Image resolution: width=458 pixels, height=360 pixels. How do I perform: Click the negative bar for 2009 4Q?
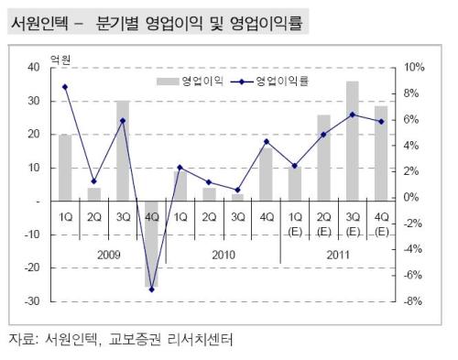[151, 244]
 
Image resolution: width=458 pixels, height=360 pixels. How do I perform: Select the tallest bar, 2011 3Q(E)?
[353, 141]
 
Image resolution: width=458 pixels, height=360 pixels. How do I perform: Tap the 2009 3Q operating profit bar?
[123, 151]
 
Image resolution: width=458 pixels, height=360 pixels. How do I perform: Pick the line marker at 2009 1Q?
[65, 87]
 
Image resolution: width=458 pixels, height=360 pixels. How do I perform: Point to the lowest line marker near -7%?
[152, 289]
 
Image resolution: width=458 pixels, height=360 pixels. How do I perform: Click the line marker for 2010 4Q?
[267, 142]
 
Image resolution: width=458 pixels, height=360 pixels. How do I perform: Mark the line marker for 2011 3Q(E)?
[353, 115]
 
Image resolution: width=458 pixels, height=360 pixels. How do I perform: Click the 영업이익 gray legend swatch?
[168, 82]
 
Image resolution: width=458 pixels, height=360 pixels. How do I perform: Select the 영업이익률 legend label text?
[282, 81]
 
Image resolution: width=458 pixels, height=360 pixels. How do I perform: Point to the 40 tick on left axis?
[34, 67]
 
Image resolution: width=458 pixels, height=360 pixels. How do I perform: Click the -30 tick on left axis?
[32, 301]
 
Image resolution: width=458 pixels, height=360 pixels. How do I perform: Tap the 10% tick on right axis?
[414, 67]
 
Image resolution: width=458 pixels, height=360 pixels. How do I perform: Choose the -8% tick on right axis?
[412, 301]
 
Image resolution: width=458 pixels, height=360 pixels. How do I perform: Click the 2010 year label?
[224, 255]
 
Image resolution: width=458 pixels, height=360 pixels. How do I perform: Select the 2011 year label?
[338, 255]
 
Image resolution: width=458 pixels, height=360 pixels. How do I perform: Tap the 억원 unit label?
[60, 60]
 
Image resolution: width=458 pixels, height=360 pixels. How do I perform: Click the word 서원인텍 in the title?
[39, 23]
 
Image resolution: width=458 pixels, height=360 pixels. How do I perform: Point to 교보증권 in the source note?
[135, 339]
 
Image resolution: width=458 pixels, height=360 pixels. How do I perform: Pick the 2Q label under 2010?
[209, 217]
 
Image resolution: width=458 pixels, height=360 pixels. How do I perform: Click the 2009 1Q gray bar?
[65, 168]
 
